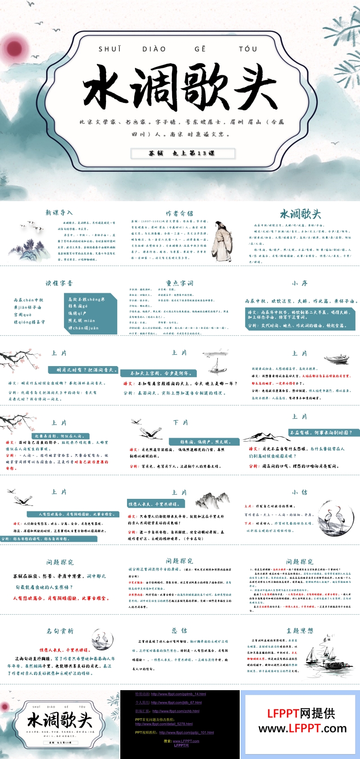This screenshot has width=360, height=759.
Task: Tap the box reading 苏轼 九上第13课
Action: pos(182,153)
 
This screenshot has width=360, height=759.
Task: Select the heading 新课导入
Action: pos(59,213)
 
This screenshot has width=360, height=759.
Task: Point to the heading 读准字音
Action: pos(59,283)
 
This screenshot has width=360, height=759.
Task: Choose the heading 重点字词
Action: pos(179,283)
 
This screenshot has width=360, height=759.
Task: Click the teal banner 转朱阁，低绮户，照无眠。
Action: pos(205,442)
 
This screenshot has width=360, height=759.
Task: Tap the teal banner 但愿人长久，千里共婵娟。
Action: pos(154,504)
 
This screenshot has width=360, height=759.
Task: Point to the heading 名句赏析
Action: pos(60,631)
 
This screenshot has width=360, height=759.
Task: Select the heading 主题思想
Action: pos(300,631)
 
